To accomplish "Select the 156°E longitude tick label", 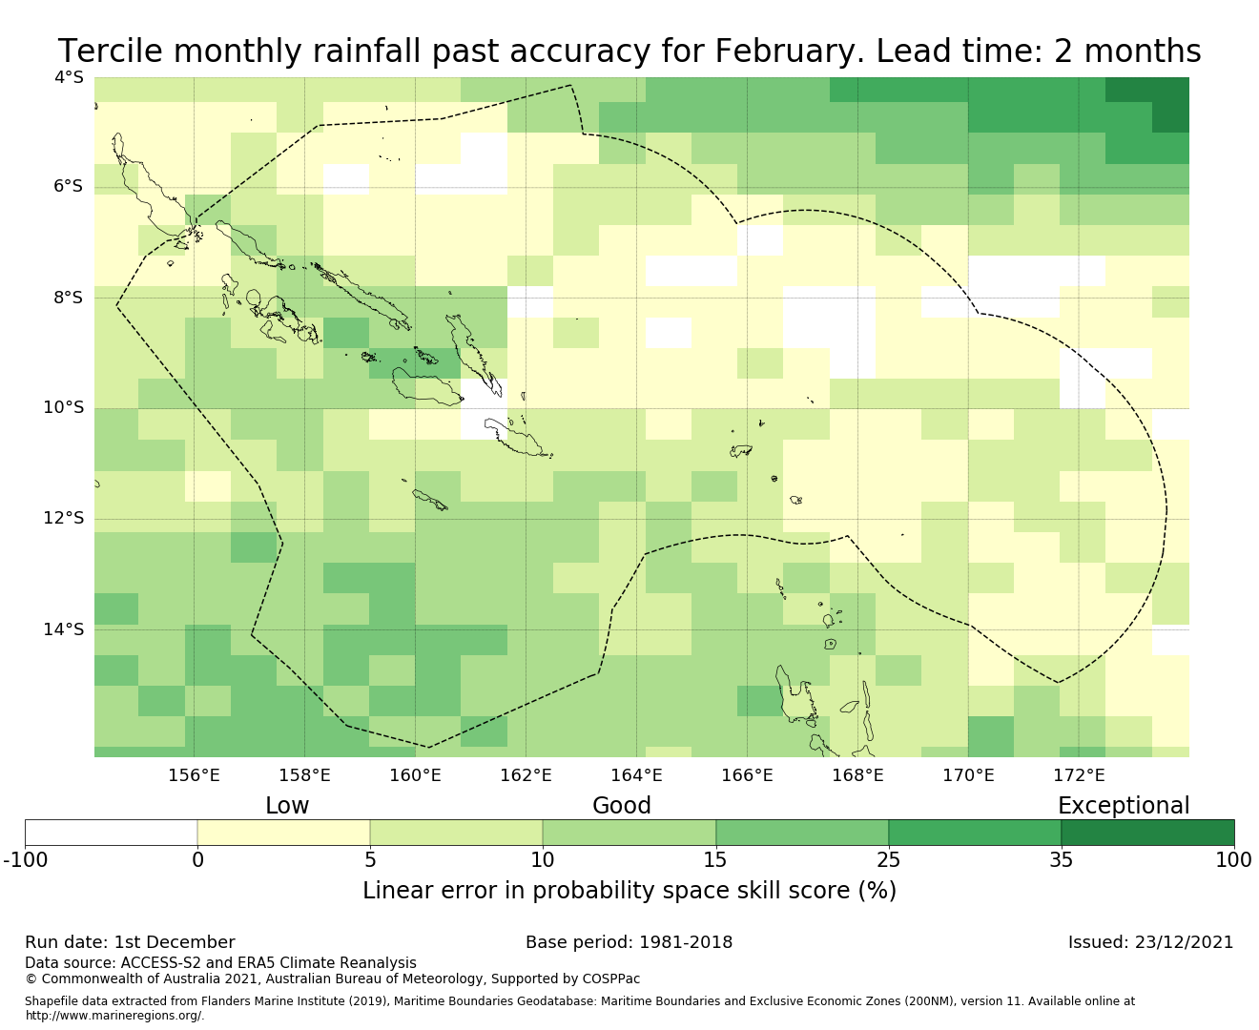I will (x=194, y=775).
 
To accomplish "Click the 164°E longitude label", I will (x=636, y=775).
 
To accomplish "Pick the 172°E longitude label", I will (x=1079, y=775).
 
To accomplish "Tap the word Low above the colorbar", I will (x=287, y=806).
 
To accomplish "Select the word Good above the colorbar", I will (x=622, y=806).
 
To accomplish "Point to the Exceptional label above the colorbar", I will (x=1124, y=806).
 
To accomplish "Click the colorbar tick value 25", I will (x=888, y=860).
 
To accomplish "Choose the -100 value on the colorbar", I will (x=25, y=860).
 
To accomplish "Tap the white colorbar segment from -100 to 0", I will (x=111, y=833).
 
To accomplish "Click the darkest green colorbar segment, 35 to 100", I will (x=1147, y=833).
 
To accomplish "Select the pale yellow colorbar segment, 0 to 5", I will (x=283, y=833).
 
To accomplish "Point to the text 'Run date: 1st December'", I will (x=130, y=942).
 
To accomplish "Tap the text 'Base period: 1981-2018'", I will (x=629, y=942).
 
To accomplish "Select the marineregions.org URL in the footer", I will (x=114, y=1016).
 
